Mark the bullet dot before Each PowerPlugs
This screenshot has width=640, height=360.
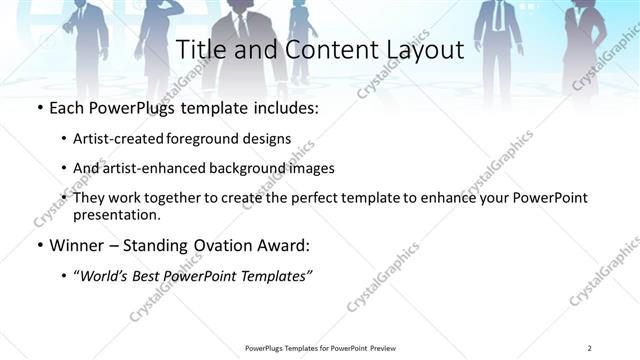pyautogui.click(x=39, y=106)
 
